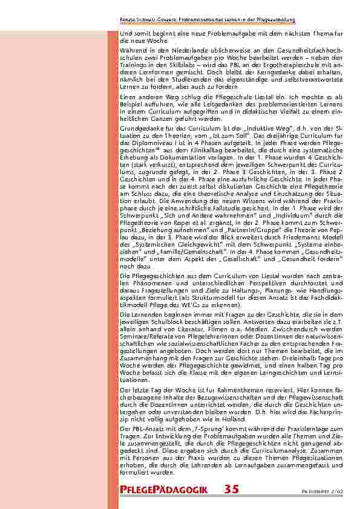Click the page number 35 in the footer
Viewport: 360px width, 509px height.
click(x=231, y=489)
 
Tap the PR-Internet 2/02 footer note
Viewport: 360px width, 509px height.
click(x=334, y=491)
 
